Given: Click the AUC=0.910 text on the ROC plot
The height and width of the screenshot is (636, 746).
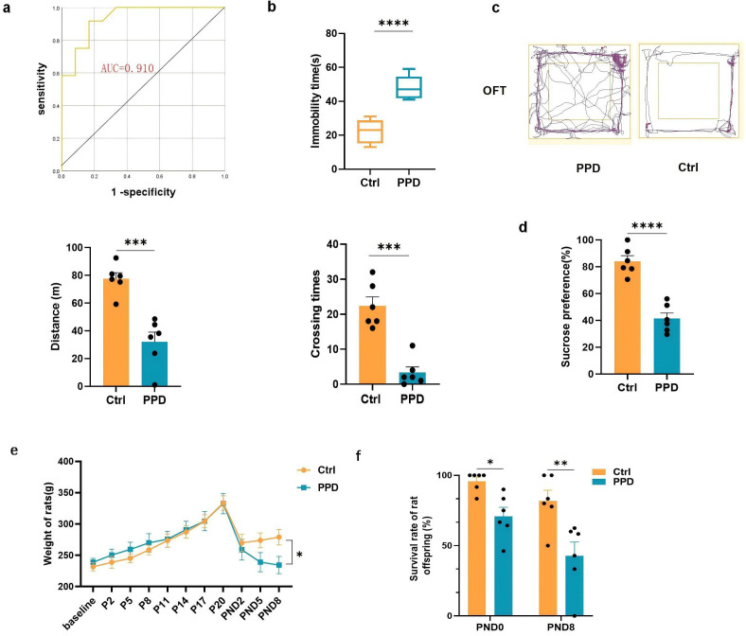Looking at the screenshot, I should point(140,69).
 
